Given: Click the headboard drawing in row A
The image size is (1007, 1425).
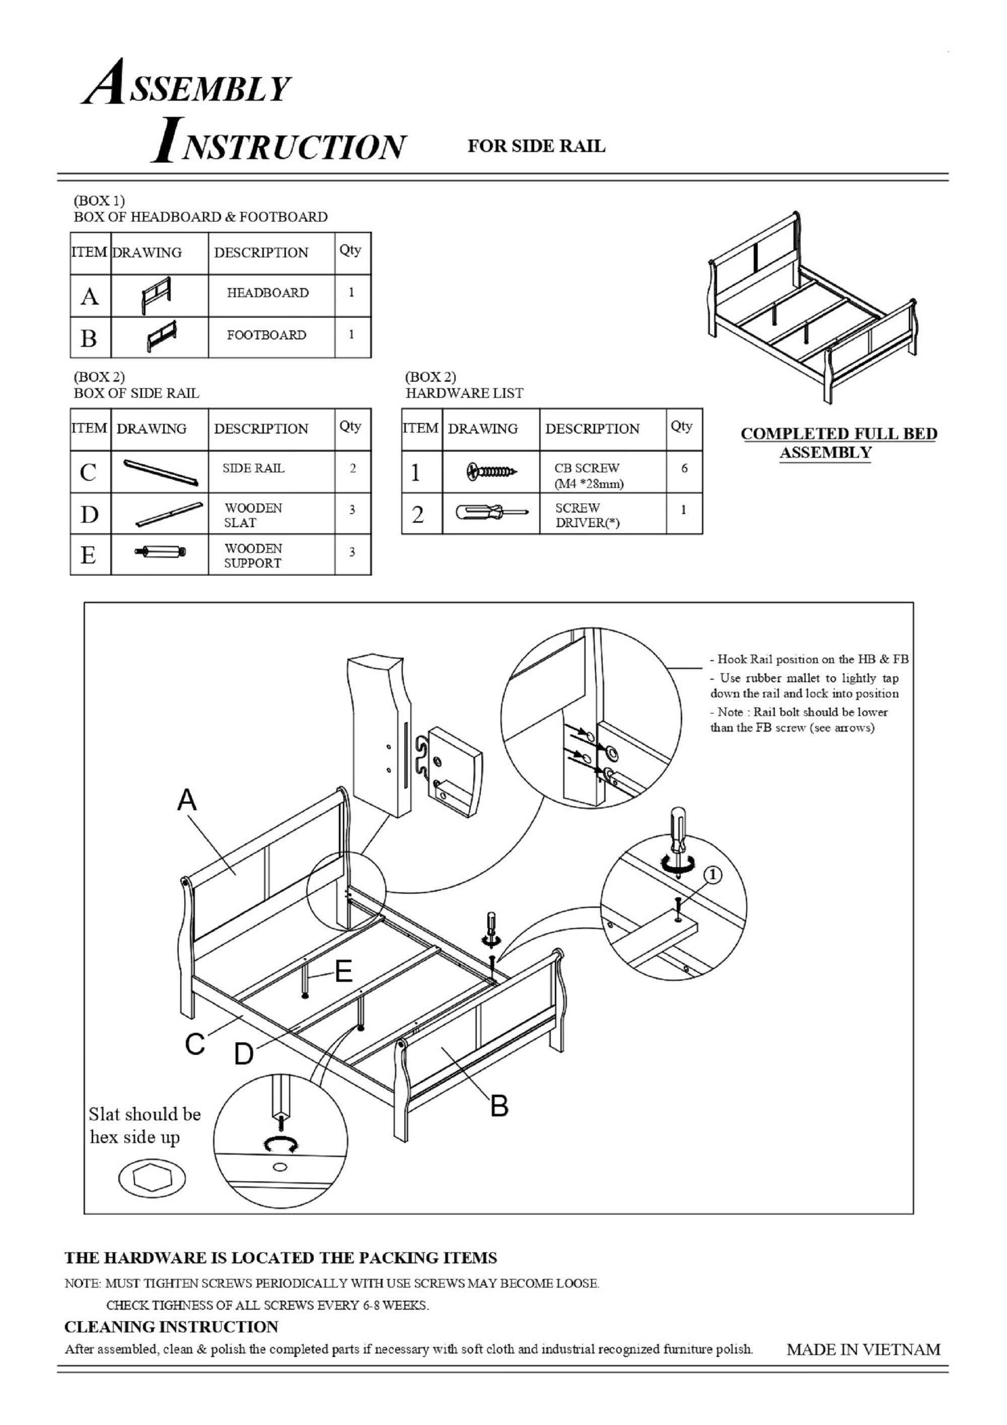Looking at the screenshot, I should click(x=156, y=296).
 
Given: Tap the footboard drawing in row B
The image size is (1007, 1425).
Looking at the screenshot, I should click(x=161, y=336).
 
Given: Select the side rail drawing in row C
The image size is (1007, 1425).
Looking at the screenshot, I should click(x=161, y=472).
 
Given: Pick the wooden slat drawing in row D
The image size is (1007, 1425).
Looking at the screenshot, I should click(x=169, y=514).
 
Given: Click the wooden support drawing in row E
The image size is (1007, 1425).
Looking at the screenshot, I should click(x=161, y=551).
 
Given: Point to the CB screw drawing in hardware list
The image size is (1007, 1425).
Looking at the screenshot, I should click(x=491, y=472).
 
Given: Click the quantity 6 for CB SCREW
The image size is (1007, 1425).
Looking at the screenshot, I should click(x=684, y=469).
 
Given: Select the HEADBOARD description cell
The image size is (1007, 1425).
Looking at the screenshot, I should click(x=267, y=293).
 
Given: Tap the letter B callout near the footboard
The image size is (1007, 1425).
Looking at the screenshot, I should click(x=499, y=1105).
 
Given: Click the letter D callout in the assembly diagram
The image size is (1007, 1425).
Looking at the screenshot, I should click(x=243, y=1053).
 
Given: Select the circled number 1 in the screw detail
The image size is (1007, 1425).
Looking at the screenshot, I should click(x=713, y=875).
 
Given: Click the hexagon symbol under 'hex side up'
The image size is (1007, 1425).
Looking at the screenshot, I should click(x=152, y=1177).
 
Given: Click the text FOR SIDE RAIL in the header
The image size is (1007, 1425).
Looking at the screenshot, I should click(x=536, y=147).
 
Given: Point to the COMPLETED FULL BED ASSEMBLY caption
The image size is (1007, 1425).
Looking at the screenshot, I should click(x=838, y=443).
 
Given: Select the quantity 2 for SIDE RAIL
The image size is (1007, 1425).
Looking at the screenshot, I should click(x=352, y=469).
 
